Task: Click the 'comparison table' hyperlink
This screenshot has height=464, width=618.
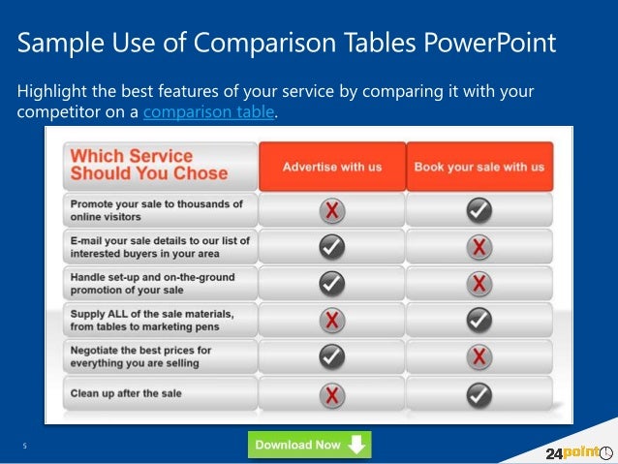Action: pyautogui.click(x=208, y=113)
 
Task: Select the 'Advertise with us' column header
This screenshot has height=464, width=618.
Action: pyautogui.click(x=332, y=167)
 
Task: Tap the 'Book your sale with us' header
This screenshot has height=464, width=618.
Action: pyautogui.click(x=479, y=167)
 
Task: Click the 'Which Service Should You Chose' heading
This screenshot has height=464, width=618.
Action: pyautogui.click(x=149, y=165)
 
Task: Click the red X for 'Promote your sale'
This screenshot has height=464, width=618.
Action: pyautogui.click(x=332, y=210)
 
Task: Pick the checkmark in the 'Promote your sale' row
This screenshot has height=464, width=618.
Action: pyautogui.click(x=479, y=210)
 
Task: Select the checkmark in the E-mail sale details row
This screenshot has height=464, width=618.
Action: pyautogui.click(x=332, y=247)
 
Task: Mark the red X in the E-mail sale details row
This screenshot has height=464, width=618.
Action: pyautogui.click(x=479, y=247)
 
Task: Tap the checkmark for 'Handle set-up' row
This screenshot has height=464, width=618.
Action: pyautogui.click(x=332, y=283)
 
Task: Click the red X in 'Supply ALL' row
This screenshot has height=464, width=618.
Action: pyautogui.click(x=332, y=320)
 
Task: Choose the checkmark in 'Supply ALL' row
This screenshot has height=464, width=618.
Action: pyautogui.click(x=479, y=320)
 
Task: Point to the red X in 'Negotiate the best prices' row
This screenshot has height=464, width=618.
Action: pyautogui.click(x=479, y=356)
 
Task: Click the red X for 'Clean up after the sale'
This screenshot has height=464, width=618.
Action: pyautogui.click(x=332, y=393)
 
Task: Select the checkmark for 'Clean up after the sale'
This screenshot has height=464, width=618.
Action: pyautogui.click(x=479, y=393)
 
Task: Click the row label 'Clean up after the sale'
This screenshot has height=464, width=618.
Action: pyautogui.click(x=126, y=393)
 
